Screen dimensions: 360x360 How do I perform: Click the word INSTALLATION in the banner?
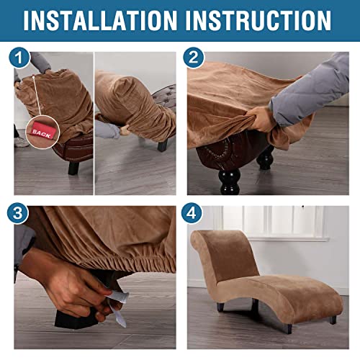100,20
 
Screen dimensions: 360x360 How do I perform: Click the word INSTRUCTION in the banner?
258,20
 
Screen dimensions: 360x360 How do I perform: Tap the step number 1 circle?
19,58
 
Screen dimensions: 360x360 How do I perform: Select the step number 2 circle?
194,58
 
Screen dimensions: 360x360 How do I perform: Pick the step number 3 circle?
18,213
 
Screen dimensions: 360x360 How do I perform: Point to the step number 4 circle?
192,213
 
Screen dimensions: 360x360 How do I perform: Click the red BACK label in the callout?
43,132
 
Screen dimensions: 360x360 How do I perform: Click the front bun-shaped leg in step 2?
230,181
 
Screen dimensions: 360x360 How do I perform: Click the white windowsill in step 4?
288,239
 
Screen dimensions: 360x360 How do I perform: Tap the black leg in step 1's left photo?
73,168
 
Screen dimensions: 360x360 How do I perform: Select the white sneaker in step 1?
21,142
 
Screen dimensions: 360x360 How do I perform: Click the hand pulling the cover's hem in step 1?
124,129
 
